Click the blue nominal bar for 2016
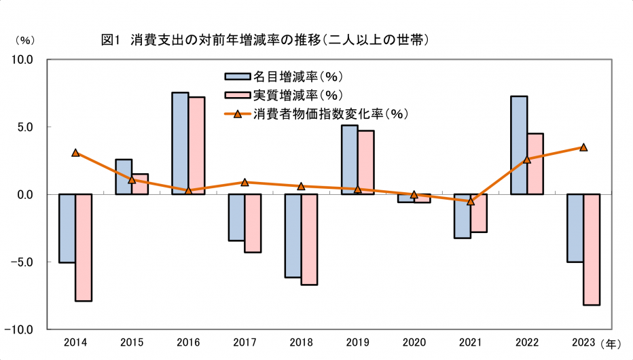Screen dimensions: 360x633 click(180, 143)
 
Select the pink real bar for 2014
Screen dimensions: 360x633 click(84, 247)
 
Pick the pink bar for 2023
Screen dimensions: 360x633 click(592, 249)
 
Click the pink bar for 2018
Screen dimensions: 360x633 click(309, 239)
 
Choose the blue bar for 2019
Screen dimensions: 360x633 click(349, 160)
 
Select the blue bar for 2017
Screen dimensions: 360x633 click(236, 217)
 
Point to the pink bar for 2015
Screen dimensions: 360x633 click(140, 184)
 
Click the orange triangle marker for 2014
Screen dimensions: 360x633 click(75, 153)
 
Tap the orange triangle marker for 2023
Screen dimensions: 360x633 click(583, 147)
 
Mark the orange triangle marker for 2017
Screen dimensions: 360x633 click(245, 182)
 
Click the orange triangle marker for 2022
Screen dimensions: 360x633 click(527, 160)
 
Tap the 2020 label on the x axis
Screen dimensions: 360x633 click(414, 343)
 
